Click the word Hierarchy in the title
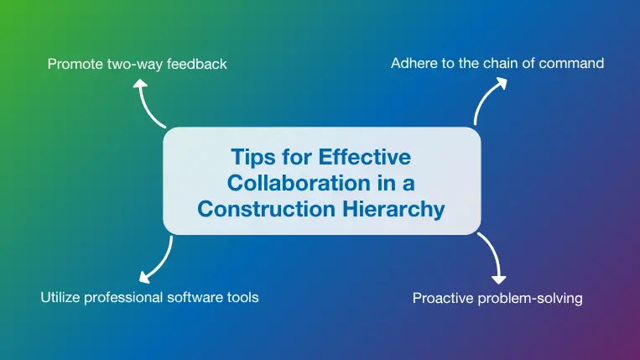coord(393,209)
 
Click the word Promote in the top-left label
coord(74,64)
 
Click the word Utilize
coord(61,297)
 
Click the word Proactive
coord(444,298)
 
